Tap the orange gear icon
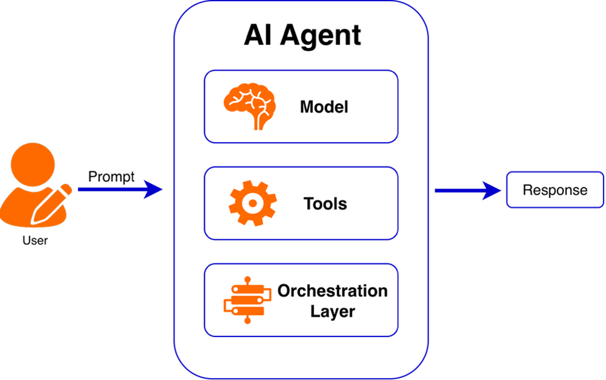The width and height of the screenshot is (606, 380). click(x=252, y=203)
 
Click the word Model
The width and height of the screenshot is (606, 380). click(x=324, y=107)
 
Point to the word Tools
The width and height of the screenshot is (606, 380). click(x=325, y=203)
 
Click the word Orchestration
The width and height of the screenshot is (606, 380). click(x=332, y=291)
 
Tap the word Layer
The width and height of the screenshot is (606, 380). click(x=332, y=311)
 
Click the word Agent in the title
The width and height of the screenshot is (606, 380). click(x=321, y=36)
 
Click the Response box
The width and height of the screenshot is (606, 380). click(x=555, y=190)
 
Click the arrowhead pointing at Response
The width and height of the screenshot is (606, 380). click(x=492, y=190)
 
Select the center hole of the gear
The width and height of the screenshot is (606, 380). click(x=252, y=203)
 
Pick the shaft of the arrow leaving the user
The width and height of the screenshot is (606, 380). click(x=110, y=190)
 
